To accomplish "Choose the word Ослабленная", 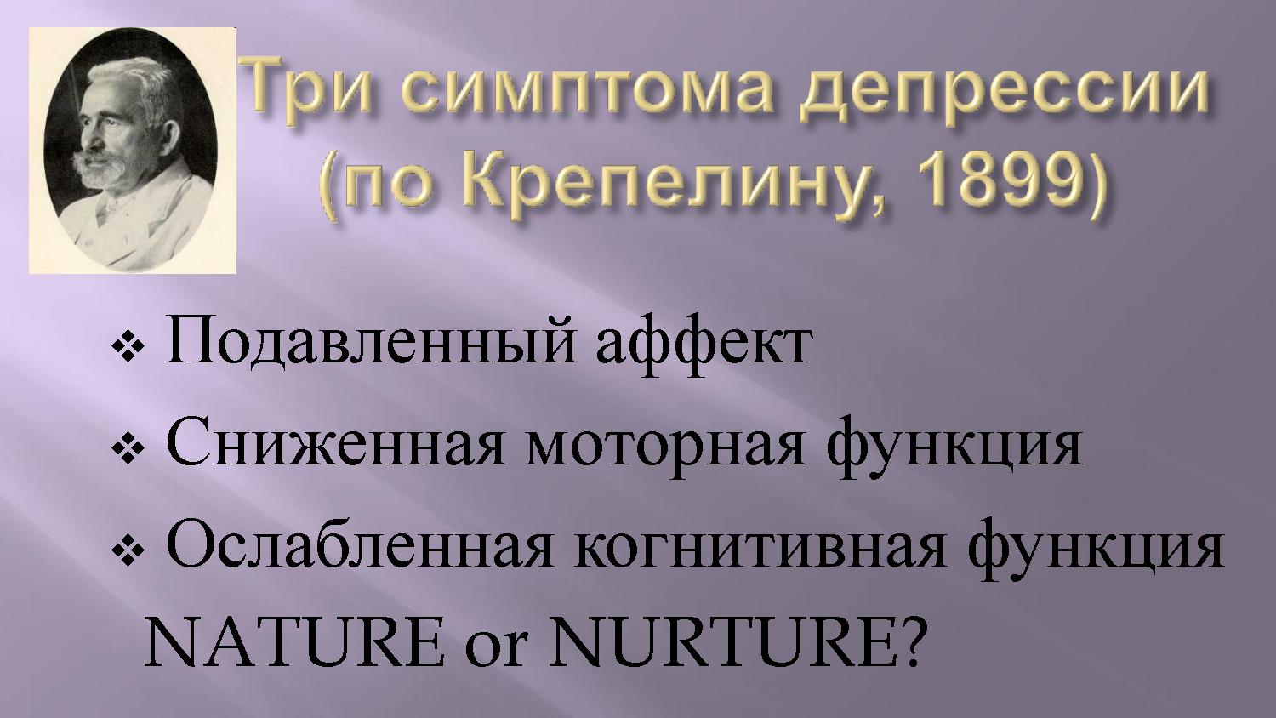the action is click(360, 545).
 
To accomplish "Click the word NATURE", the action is click(294, 643).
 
